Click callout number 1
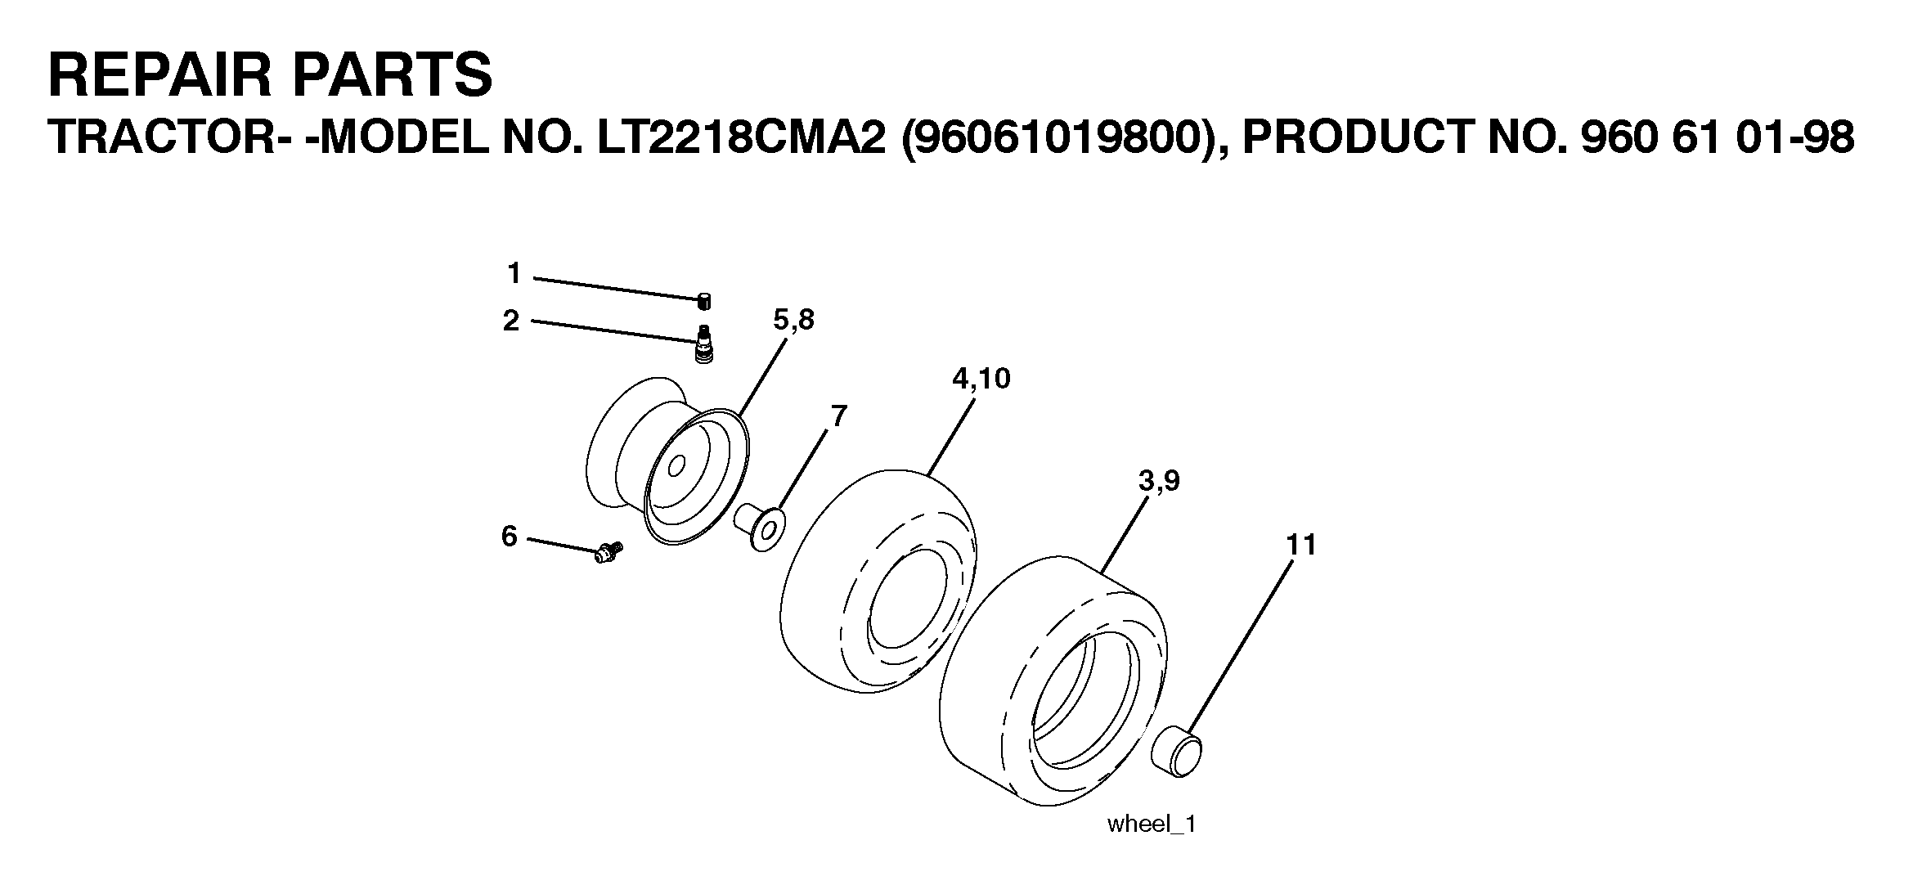[x=514, y=273]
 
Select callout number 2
[x=511, y=321]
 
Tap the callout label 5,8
[x=793, y=321]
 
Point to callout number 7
[x=838, y=416]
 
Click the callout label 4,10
[x=981, y=379]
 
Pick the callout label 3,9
[x=1159, y=482]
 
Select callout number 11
[x=1301, y=545]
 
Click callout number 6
[x=510, y=537]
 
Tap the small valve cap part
[x=704, y=301]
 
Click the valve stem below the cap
[x=701, y=344]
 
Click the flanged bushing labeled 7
[x=760, y=528]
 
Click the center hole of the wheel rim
[x=676, y=468]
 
